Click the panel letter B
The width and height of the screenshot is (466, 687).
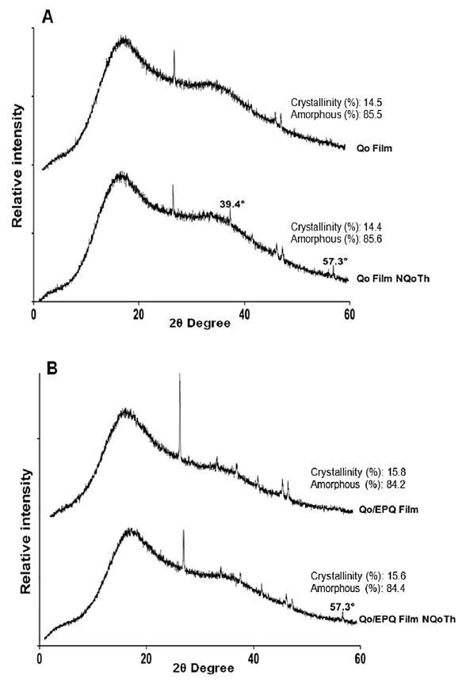[52, 369]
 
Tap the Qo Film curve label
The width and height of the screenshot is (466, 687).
[374, 148]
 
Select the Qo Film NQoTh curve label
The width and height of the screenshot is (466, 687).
[393, 279]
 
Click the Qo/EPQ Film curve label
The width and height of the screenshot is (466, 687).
[389, 510]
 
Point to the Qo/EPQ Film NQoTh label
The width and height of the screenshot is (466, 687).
[407, 619]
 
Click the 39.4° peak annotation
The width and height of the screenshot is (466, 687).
[231, 203]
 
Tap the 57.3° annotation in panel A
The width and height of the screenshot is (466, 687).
[335, 261]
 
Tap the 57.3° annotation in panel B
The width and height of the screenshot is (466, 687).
[342, 607]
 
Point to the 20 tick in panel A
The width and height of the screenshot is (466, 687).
[139, 314]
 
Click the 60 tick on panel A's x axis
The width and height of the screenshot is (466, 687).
[349, 314]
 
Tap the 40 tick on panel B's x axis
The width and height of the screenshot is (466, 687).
[253, 659]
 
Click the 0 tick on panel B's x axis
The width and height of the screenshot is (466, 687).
[40, 659]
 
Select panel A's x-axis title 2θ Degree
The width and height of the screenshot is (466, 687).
[200, 324]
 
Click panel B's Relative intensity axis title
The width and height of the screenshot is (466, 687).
[26, 531]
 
